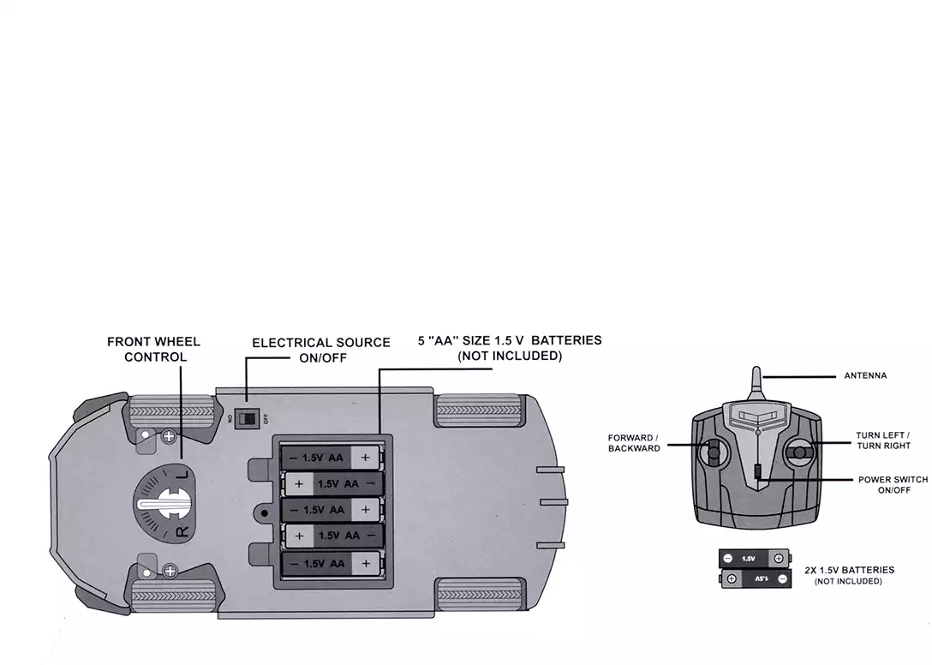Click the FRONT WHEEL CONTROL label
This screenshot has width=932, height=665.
coord(154,349)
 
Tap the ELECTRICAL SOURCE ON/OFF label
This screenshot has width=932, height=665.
coord(321,350)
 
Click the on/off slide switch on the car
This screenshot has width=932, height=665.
coord(247,418)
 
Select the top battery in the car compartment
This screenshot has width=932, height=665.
coord(333,458)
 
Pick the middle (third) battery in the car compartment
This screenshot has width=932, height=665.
coord(333,510)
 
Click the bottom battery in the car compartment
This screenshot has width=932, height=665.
coord(333,563)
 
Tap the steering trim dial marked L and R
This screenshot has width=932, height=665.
coord(164,504)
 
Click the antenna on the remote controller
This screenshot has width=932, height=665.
coord(756,385)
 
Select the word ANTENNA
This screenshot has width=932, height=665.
coord(865,375)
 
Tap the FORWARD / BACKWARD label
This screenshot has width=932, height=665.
coord(634,443)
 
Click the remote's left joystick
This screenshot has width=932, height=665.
coord(712,453)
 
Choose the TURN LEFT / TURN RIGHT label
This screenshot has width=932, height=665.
coord(883,440)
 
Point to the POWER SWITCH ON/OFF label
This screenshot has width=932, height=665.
coord(893,485)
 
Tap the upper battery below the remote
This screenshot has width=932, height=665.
coord(754,559)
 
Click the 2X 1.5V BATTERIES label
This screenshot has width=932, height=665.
coord(850,574)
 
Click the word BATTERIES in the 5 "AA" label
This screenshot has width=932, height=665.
coord(566,340)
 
